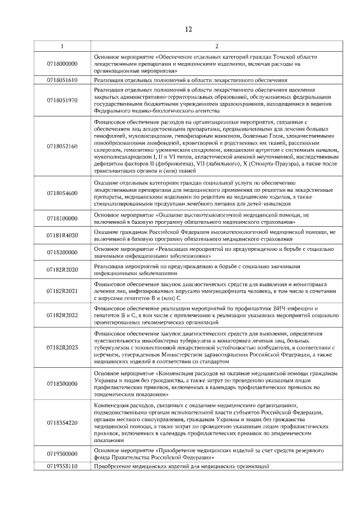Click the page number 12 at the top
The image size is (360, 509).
coord(189,29)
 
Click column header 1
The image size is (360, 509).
coord(62,46)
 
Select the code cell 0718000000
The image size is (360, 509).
coord(62,64)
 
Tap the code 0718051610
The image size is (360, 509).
coord(62,80)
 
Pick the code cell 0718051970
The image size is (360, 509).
coord(62,100)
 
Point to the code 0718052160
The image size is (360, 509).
coord(62,146)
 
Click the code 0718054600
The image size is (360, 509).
coord(62,193)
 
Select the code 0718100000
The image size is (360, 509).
coord(62,218)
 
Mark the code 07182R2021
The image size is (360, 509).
coord(62,290)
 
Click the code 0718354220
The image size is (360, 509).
coord(62,422)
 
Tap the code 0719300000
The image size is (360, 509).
coord(62,453)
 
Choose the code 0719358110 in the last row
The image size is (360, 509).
coord(62,466)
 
